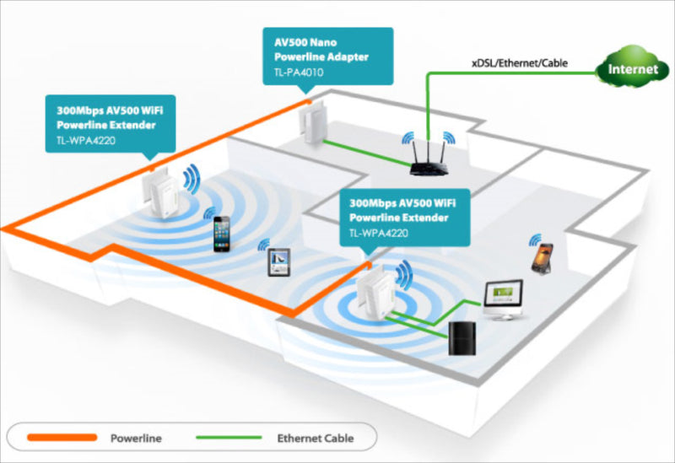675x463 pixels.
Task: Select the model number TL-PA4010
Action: coord(300,73)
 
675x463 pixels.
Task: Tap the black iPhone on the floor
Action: coord(222,234)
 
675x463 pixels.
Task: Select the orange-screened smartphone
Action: coord(542,254)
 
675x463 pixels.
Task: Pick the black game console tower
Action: coord(462,338)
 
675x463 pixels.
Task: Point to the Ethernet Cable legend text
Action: coord(315,438)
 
